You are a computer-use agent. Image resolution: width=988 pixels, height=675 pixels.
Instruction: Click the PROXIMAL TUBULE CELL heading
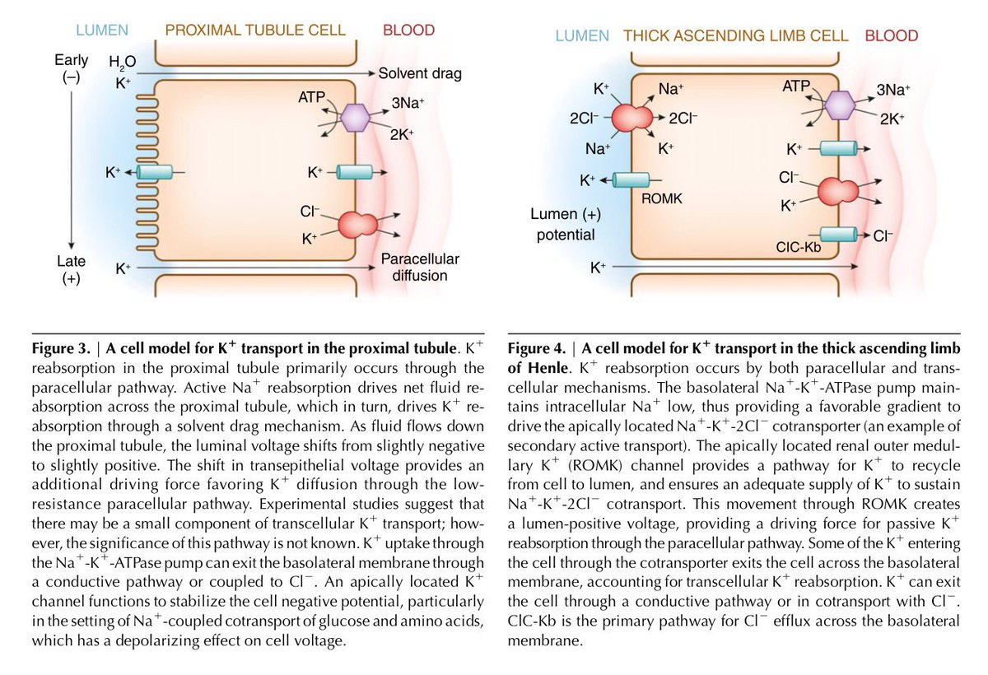pyautogui.click(x=255, y=31)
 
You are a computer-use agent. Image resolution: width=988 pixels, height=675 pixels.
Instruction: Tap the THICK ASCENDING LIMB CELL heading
pyautogui.click(x=736, y=36)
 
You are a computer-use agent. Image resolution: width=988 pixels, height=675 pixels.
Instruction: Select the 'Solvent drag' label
pyautogui.click(x=420, y=74)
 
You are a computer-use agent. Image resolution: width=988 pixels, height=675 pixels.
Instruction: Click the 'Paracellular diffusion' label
pyautogui.click(x=420, y=267)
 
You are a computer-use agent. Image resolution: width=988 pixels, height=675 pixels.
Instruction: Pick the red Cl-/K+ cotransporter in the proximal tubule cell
pyautogui.click(x=355, y=225)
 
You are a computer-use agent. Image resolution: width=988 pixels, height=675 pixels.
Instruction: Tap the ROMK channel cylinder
pyautogui.click(x=632, y=181)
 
